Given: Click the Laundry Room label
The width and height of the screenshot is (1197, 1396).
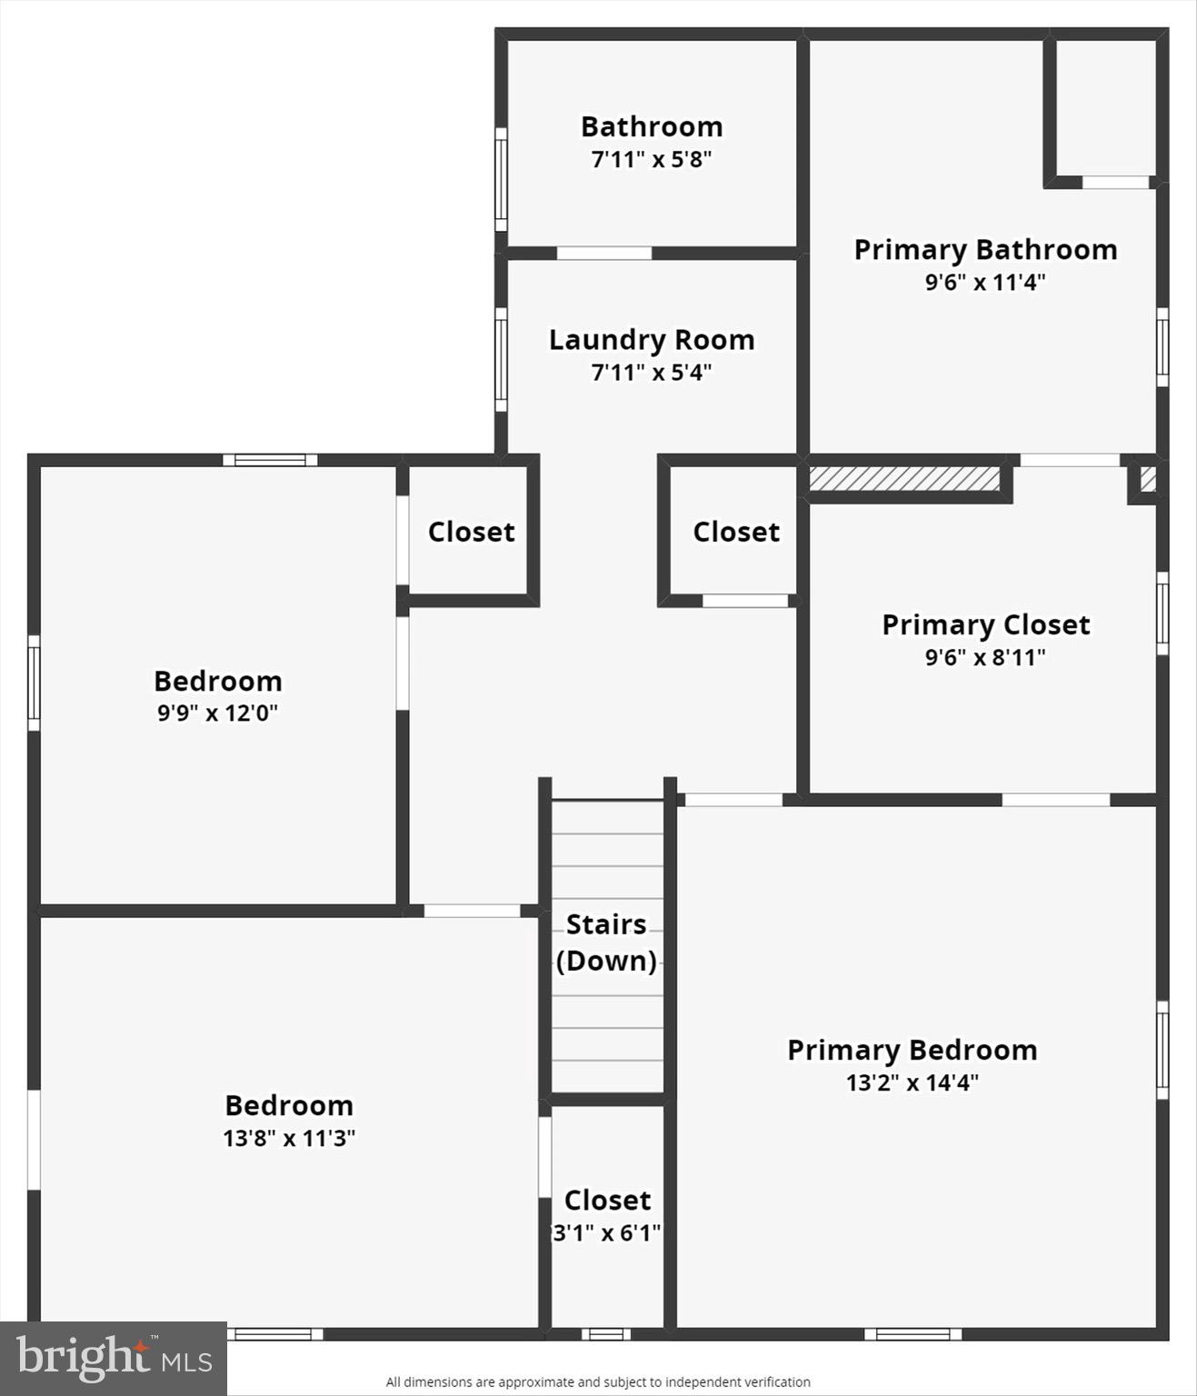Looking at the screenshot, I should tap(652, 340).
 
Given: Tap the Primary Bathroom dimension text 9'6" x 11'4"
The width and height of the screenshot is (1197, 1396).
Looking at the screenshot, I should tap(985, 282).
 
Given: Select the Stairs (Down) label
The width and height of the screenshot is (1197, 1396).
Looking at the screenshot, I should tap(606, 942).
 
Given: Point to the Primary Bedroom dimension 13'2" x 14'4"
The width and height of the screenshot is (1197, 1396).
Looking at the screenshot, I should tap(912, 1082).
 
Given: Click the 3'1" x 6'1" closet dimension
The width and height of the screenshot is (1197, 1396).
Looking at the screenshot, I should tap(607, 1233).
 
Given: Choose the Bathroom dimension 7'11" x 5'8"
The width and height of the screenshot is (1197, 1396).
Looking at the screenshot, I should tap(652, 159).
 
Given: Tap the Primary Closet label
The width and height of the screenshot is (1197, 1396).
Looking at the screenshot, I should tap(985, 624).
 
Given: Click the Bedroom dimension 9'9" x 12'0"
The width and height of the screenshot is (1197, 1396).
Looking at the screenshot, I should tap(217, 713).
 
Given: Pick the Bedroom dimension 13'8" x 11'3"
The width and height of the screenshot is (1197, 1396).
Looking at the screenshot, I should tap(289, 1138).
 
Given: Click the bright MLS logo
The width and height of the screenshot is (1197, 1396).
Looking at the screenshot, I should tap(114, 1358).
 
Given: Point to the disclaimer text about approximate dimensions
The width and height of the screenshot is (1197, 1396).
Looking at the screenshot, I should tap(598, 1381).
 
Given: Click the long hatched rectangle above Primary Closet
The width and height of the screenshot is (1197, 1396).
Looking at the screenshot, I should tap(904, 479).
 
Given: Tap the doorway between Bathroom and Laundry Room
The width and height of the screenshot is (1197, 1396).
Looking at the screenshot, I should tap(603, 254).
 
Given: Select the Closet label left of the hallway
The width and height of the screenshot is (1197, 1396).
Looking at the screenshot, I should tap(471, 532).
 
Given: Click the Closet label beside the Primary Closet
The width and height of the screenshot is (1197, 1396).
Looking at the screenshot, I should tap(736, 532).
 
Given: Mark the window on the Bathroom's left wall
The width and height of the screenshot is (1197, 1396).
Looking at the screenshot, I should tap(501, 179).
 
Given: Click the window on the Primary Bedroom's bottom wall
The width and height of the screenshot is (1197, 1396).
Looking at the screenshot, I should tap(913, 1334).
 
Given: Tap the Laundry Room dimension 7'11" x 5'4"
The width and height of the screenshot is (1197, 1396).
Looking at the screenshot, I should tap(652, 372).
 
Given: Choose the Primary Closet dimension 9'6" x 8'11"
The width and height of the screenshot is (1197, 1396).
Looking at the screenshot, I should tap(985, 657).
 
